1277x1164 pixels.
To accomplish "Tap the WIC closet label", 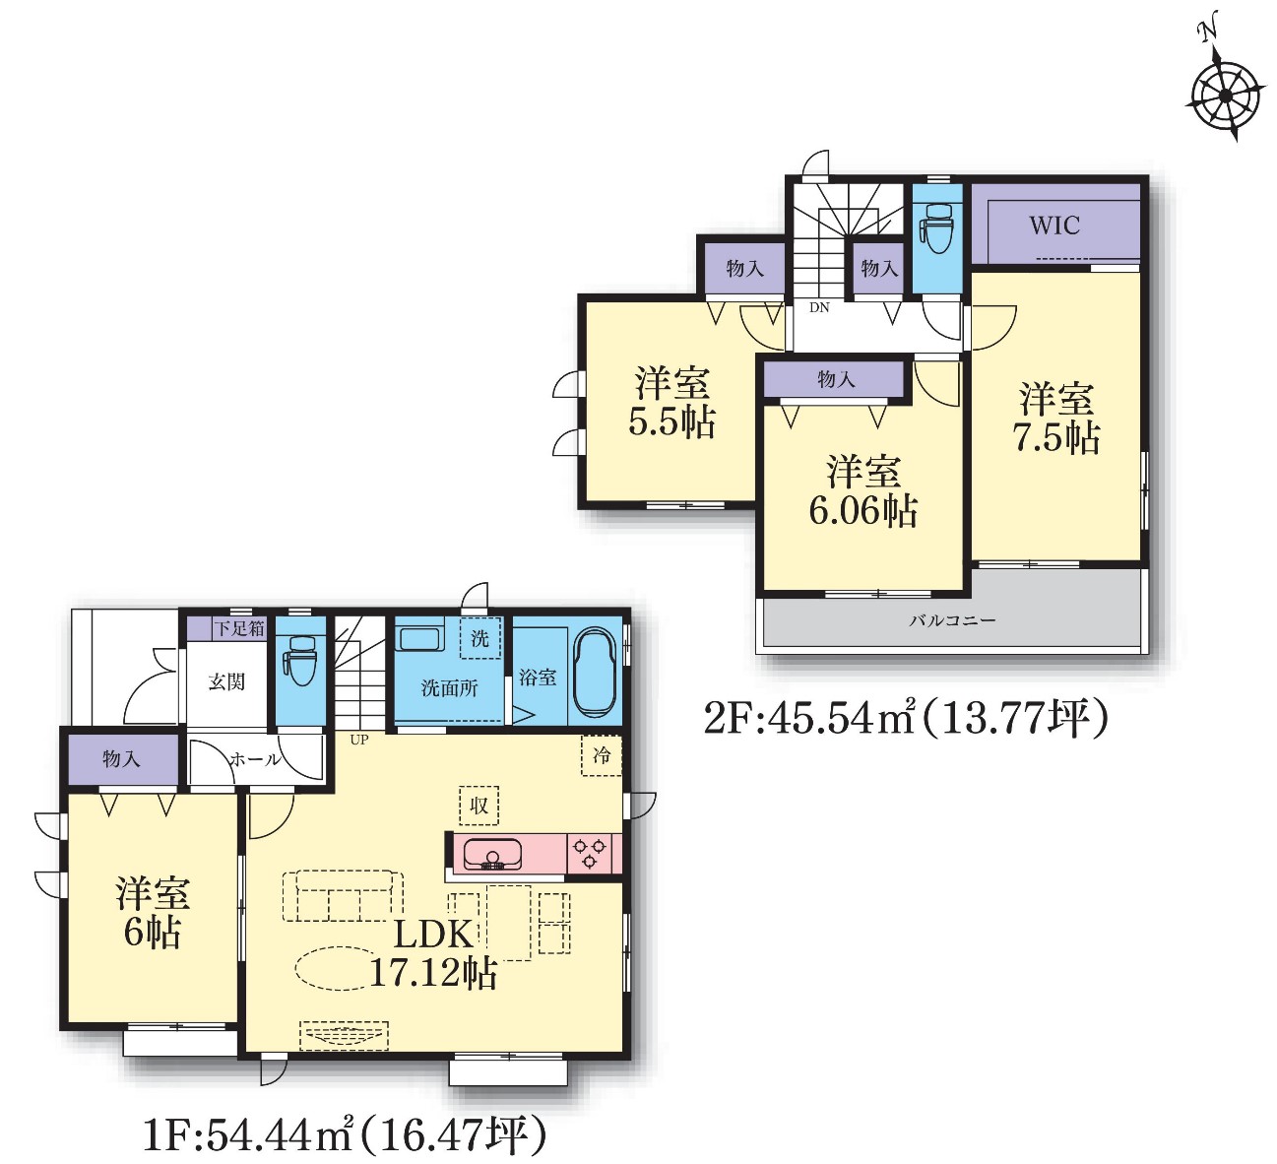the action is pos(1054,225).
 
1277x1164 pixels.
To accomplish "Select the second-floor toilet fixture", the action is pos(937,228).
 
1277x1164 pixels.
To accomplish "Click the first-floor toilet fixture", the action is pos(300,661).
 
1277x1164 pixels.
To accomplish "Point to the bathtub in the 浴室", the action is pos(596,676).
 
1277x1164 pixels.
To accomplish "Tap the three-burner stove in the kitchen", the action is pos(590,853).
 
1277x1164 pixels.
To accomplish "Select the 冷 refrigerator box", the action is pos(601,756).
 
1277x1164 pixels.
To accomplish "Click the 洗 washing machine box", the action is pos(480,638).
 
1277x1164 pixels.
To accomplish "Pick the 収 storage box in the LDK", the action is pos(479,806).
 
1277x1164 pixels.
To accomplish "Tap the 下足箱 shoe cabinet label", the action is pos(239,628).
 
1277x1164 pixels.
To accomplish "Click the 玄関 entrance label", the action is pos(226,682).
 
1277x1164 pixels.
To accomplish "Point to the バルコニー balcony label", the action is pos(952,620).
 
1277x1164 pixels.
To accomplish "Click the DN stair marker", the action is pos(819,307).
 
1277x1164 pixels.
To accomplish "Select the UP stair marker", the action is pos(359,740).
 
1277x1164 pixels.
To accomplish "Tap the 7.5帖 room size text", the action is pos(1056,437).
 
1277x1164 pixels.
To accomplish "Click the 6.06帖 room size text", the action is pos(863,510).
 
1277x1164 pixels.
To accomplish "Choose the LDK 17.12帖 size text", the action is pos(433,954).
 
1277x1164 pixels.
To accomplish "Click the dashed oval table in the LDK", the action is pos(343,968).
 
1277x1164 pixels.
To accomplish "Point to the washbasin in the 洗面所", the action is pos(419,637).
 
